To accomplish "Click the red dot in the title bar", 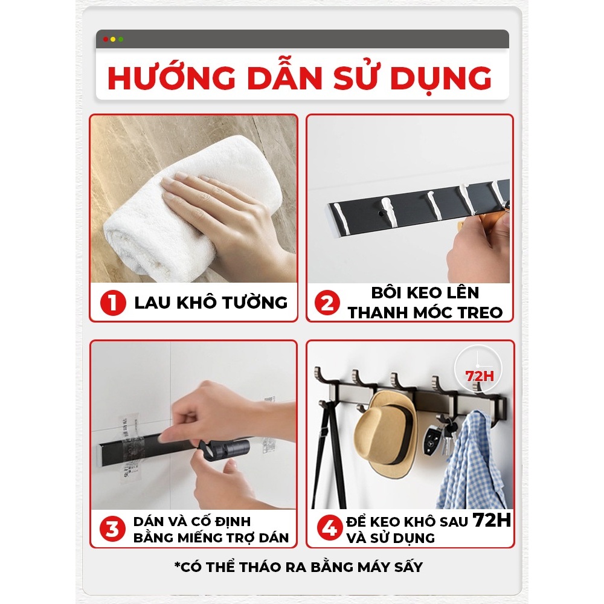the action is click(x=106, y=39).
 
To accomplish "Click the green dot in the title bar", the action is click(x=121, y=39).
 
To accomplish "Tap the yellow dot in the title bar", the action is click(x=114, y=39).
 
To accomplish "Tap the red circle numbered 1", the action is click(x=113, y=303).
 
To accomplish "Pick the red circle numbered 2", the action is click(x=327, y=303).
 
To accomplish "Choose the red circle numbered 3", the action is click(x=112, y=529).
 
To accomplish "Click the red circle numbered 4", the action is click(x=329, y=528).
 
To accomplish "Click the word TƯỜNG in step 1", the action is click(x=255, y=302).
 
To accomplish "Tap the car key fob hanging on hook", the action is click(x=431, y=440).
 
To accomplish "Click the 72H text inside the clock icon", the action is click(x=479, y=376).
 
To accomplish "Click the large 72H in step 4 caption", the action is click(x=492, y=520).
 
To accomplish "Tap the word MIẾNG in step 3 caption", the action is click(x=202, y=538).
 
